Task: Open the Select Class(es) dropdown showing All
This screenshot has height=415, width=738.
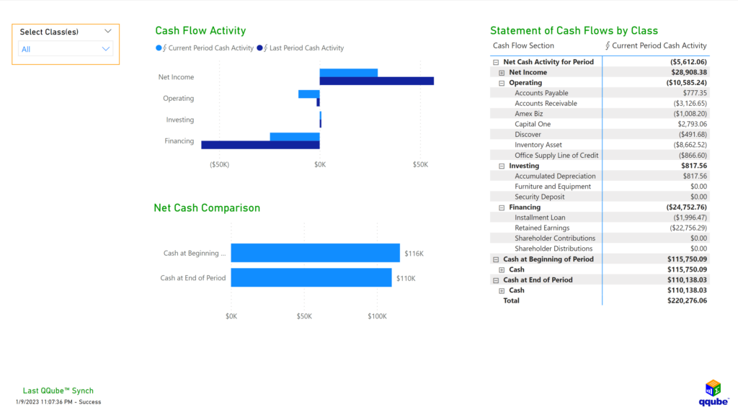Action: (x=66, y=49)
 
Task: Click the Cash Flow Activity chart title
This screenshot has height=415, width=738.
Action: (x=200, y=31)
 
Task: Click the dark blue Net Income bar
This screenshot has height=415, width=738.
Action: (x=376, y=81)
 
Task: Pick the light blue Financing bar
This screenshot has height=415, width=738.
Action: (x=295, y=137)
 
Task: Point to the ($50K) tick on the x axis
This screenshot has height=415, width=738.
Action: (x=219, y=165)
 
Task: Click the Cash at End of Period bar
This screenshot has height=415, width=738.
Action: (x=311, y=278)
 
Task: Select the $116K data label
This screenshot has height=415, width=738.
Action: (x=414, y=253)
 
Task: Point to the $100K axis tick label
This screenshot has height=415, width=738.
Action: (x=378, y=316)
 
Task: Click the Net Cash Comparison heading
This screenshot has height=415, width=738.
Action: (x=207, y=208)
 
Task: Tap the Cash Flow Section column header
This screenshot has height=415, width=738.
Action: (x=523, y=45)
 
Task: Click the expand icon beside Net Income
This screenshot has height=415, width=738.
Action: (x=502, y=73)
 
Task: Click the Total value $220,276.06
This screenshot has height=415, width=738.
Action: (x=687, y=300)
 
